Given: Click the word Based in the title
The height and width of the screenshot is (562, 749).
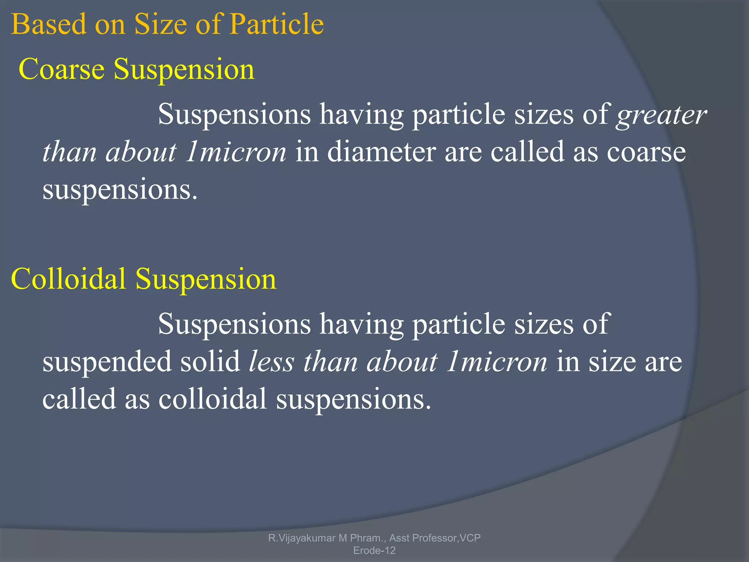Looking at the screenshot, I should coord(48,24).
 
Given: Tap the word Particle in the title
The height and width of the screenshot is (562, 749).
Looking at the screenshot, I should coord(276,24).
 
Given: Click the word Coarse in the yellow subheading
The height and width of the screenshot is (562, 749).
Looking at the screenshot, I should coord(61,69).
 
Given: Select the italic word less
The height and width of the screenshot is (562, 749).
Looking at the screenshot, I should coord(271,361).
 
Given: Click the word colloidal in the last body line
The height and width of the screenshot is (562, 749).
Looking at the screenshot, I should coord(212,398).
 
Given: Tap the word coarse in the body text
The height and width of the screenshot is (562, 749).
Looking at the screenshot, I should coord(646,152).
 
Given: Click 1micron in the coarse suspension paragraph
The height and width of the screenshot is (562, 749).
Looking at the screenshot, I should coord(236,152).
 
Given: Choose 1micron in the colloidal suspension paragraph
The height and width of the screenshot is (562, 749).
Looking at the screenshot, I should coord(496,361).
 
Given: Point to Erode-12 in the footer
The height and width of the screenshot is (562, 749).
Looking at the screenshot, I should coord(374,550).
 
